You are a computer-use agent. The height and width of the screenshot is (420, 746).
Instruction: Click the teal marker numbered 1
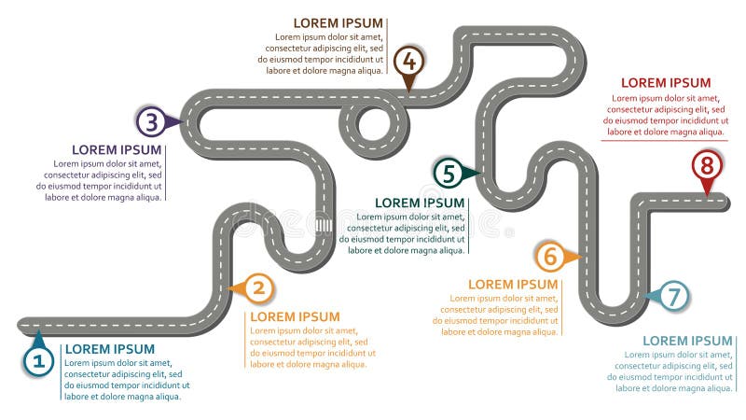pos(38,359)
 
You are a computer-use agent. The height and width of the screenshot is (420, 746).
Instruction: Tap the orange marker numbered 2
pos(258,288)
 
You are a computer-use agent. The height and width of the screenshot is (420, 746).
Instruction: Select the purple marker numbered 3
pos(151,120)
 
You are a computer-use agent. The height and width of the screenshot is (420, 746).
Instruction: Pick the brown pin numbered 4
pos(408,62)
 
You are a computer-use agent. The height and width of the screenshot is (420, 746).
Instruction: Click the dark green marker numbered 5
pos(449,173)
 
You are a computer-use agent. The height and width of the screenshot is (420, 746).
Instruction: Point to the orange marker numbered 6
pos(549,255)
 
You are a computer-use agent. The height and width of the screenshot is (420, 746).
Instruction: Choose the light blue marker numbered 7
pos(675,296)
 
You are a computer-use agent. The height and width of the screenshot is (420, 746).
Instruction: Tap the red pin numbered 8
pos(707,166)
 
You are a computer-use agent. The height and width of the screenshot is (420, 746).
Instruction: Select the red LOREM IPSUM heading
pos(666,83)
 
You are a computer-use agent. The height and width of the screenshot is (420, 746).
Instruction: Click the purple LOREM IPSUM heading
pos(117,149)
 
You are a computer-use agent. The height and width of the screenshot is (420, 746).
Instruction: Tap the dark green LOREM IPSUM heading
pos(419,203)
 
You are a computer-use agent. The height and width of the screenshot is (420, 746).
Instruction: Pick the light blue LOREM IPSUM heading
pos(687,341)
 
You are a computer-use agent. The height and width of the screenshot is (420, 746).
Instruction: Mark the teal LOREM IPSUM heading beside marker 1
pos(109,349)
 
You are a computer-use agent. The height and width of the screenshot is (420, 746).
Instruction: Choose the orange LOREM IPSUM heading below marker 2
pos(295,316)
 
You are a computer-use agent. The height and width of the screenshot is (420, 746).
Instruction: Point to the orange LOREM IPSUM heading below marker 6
pos(513,284)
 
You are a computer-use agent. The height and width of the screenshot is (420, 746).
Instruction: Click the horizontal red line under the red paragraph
pos(665,141)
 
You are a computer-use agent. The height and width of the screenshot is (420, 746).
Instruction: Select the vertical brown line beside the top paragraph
pos(388,47)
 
